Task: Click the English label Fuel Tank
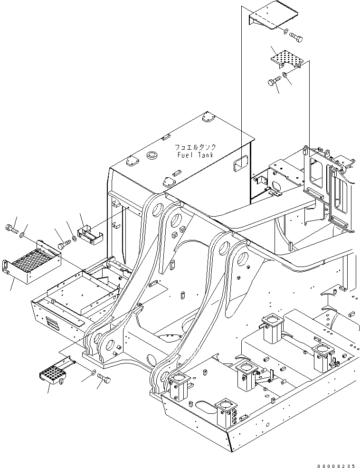pos(195,155)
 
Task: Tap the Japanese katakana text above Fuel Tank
pos(195,147)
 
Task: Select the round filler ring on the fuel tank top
pos(152,155)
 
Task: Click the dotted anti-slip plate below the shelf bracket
pos(286,59)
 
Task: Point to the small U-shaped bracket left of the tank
pos(90,236)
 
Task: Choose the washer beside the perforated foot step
pos(93,371)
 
